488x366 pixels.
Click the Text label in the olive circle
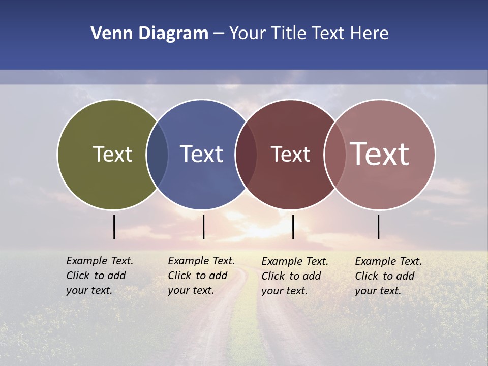coord(112,154)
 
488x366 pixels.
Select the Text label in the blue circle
coord(201,154)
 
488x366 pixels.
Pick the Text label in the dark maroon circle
coord(290,155)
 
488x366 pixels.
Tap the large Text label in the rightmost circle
coord(380,154)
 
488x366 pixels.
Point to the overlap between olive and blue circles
coord(157,154)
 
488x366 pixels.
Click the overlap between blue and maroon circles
coord(246,154)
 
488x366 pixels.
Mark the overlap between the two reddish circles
coord(335,154)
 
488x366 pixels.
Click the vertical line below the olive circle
coord(114,227)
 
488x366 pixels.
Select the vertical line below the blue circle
coord(203,227)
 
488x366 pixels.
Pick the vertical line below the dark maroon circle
coord(293,227)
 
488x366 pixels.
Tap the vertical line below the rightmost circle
coord(378,227)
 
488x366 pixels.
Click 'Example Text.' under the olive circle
coord(100,261)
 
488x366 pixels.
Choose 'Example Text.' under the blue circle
coord(201,261)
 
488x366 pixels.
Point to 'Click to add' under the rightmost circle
coord(385,276)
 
